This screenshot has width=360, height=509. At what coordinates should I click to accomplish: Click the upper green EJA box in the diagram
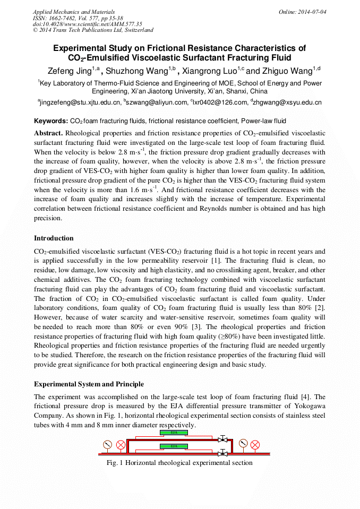pos(174,433)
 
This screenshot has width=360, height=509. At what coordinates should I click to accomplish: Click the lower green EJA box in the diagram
pos(174,446)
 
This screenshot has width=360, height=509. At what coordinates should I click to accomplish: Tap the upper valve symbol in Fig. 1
pos(223,439)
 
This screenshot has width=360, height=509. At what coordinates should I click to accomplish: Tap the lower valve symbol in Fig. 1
pos(223,454)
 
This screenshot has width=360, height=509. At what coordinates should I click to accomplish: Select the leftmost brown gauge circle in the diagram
pos(108,444)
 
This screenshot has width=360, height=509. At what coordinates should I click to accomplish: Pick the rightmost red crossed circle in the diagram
pos(255,444)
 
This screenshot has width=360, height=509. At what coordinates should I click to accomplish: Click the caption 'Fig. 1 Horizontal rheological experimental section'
pos(179,463)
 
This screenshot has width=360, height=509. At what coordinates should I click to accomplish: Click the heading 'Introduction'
pos(54,238)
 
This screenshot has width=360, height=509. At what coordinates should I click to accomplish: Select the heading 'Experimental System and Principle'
pos(89,384)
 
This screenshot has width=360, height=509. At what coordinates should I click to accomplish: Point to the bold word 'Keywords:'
pos(51,121)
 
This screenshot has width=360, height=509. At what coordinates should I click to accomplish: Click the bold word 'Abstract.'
pos(49,133)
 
